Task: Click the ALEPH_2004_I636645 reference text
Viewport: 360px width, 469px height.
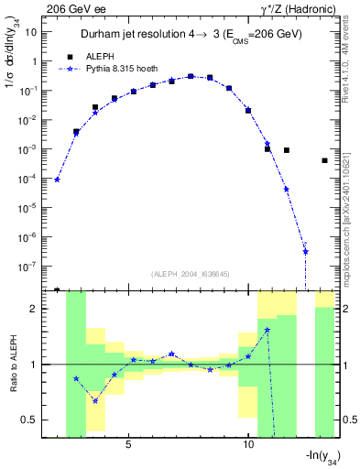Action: pyautogui.click(x=190, y=273)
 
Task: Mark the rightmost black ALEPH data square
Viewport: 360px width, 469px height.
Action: pyautogui.click(x=324, y=160)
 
